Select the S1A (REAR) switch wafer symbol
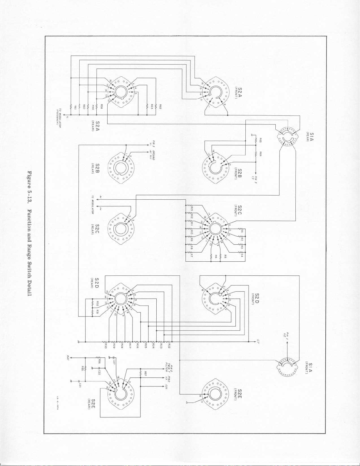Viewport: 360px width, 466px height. coord(286,137)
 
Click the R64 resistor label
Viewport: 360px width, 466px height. coord(260,154)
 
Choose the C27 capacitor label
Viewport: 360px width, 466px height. coord(113,361)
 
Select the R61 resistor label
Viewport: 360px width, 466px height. coord(75,108)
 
